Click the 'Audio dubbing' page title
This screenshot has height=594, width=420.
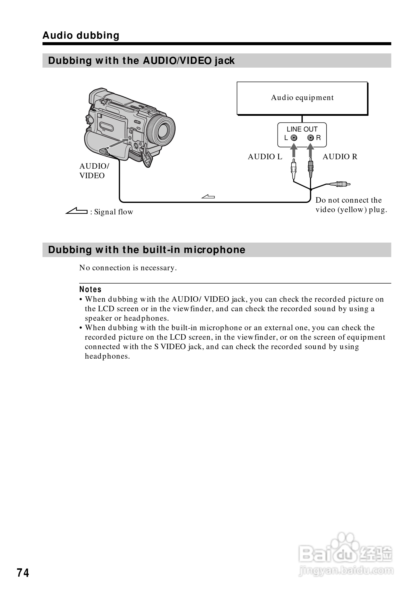(81, 35)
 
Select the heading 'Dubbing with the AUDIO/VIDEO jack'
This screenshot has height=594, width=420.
(141, 61)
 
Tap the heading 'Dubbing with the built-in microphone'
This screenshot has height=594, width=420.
(147, 250)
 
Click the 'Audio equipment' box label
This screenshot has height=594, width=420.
(302, 98)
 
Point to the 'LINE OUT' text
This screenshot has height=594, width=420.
(302, 129)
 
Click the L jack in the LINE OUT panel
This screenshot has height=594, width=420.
(294, 138)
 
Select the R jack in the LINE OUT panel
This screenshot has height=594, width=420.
(310, 138)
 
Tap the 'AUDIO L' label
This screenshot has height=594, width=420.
(265, 156)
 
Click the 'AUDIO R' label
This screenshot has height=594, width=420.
(340, 156)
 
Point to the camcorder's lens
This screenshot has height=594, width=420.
(163, 130)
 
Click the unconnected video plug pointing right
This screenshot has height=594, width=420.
(340, 184)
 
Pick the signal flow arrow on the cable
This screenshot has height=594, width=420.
(208, 197)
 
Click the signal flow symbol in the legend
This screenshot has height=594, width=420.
(76, 211)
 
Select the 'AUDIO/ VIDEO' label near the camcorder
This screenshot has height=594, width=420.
(94, 171)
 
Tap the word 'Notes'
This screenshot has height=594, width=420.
(90, 289)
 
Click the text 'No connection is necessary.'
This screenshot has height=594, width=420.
(128, 268)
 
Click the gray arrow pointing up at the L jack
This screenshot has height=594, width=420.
(293, 150)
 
